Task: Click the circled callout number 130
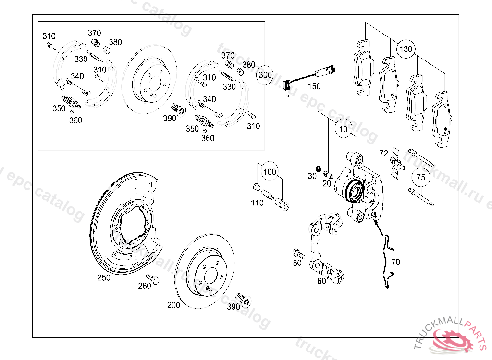pos(406,49)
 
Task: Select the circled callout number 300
pos(265,75)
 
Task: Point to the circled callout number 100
pos(270,172)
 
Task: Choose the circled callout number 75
pos(421,177)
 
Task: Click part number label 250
pos(103,277)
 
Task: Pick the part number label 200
pos(173,305)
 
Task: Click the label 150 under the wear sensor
pos(314,86)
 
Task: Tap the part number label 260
pos(144,286)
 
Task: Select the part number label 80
pos(297,263)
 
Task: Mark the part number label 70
pos(395,262)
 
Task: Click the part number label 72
pos(383,154)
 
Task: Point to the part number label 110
pos(257,203)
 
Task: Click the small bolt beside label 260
pos(152,278)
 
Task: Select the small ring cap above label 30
pos(318,168)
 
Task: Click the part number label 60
pos(321,281)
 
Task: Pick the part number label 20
pos(327,183)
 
